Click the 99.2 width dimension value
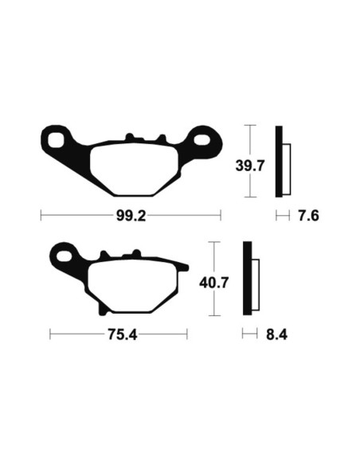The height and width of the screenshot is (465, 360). pos(131,216)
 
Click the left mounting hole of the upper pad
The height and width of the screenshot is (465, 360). pos(57,142)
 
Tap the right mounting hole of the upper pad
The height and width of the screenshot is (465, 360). pos(204,142)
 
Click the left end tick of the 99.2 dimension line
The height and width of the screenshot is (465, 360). pos(41,216)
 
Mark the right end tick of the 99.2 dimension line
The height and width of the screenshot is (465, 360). pos(220,216)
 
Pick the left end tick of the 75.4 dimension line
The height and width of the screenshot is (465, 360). pos(50,335)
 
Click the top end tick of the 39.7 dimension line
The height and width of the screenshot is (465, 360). pos(251,126)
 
